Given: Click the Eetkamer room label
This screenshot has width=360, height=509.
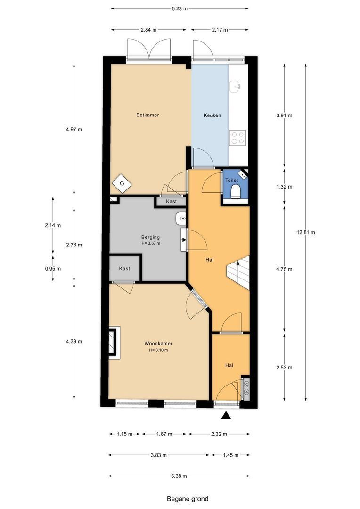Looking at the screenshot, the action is coord(147,115).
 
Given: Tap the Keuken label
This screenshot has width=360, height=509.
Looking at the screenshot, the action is coord(213,115).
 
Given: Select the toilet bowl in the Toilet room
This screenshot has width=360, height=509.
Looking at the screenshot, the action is coord(235,191).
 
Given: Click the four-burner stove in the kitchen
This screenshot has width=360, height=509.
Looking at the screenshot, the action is coord(237,137).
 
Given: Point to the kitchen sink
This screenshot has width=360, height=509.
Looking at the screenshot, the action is coord(235,86).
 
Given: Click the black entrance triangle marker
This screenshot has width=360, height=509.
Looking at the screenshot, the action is coord(226,415).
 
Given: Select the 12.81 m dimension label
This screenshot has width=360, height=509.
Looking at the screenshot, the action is coord(306,232).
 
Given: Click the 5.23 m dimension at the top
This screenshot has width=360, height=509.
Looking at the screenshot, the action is coord(180,9).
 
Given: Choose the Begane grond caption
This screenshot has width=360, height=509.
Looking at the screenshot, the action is coord(188,499).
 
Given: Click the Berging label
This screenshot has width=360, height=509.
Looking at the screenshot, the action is coord(150,237).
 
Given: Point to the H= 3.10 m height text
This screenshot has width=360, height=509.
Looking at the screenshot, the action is coord(158,350).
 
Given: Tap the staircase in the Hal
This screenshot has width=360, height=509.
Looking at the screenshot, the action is coord(238,273).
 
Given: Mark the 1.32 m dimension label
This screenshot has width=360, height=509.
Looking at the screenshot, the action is coord(284,187).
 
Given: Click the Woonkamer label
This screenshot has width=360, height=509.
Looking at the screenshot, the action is coord(158,344).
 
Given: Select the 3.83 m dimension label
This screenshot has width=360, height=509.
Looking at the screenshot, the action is coord(159,455).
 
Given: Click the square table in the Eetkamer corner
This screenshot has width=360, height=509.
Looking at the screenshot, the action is coord(122,183).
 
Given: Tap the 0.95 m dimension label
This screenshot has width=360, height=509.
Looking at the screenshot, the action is coord(53,269).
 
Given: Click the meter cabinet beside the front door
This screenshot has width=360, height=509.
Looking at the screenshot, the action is coord(246,388).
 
